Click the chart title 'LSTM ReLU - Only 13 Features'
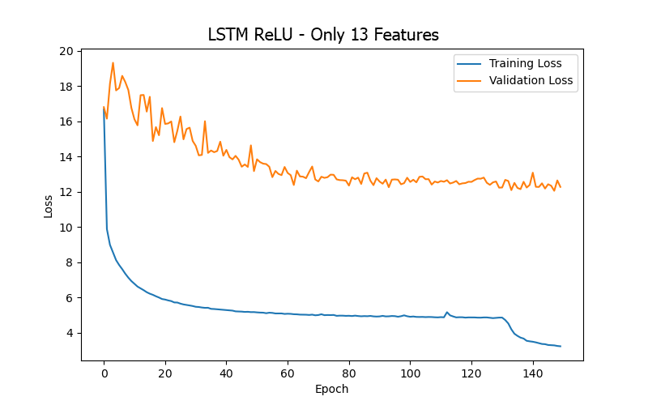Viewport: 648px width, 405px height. [x=323, y=35]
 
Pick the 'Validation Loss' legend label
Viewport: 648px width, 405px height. [x=531, y=80]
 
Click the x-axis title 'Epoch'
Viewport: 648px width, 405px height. [x=331, y=389]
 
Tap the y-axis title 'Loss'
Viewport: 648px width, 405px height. [x=49, y=206]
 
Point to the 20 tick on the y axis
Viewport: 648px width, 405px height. [x=66, y=51]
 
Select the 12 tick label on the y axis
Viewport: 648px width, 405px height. [x=66, y=192]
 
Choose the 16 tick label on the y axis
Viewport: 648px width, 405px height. [x=66, y=122]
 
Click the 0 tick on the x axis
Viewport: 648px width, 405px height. [x=104, y=373]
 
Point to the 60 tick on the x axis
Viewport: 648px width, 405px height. [x=288, y=373]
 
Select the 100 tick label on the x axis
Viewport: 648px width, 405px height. [x=410, y=373]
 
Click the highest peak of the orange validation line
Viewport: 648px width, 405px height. [x=113, y=62]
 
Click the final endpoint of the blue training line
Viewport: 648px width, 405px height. [x=561, y=347]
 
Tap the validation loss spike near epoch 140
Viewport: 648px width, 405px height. [x=533, y=173]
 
